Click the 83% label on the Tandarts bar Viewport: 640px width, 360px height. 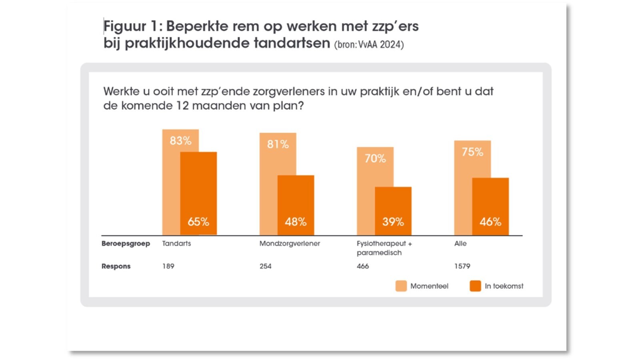click(180, 141)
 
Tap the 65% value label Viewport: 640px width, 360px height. click(198, 222)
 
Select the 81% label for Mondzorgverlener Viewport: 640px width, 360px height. click(278, 144)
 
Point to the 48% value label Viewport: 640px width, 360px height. click(296, 222)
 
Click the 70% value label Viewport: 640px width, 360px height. click(375, 158)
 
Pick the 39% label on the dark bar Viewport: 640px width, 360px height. click(393, 222)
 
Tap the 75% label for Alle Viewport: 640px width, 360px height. click(472, 152)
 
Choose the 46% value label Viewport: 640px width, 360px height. click(490, 222)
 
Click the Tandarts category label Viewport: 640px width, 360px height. click(176, 244)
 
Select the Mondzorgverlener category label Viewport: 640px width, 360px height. click(290, 244)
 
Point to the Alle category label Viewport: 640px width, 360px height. click(460, 244)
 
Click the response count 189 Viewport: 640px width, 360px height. click(168, 266)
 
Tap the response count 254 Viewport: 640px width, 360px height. click(265, 266)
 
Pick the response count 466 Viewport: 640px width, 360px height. click(363, 266)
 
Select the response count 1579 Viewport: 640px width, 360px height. click(462, 266)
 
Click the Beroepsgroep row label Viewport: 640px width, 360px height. click(126, 244)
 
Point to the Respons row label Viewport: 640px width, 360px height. click(116, 266)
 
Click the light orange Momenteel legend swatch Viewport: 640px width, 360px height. click(401, 286)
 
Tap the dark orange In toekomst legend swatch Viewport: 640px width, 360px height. click(475, 286)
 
